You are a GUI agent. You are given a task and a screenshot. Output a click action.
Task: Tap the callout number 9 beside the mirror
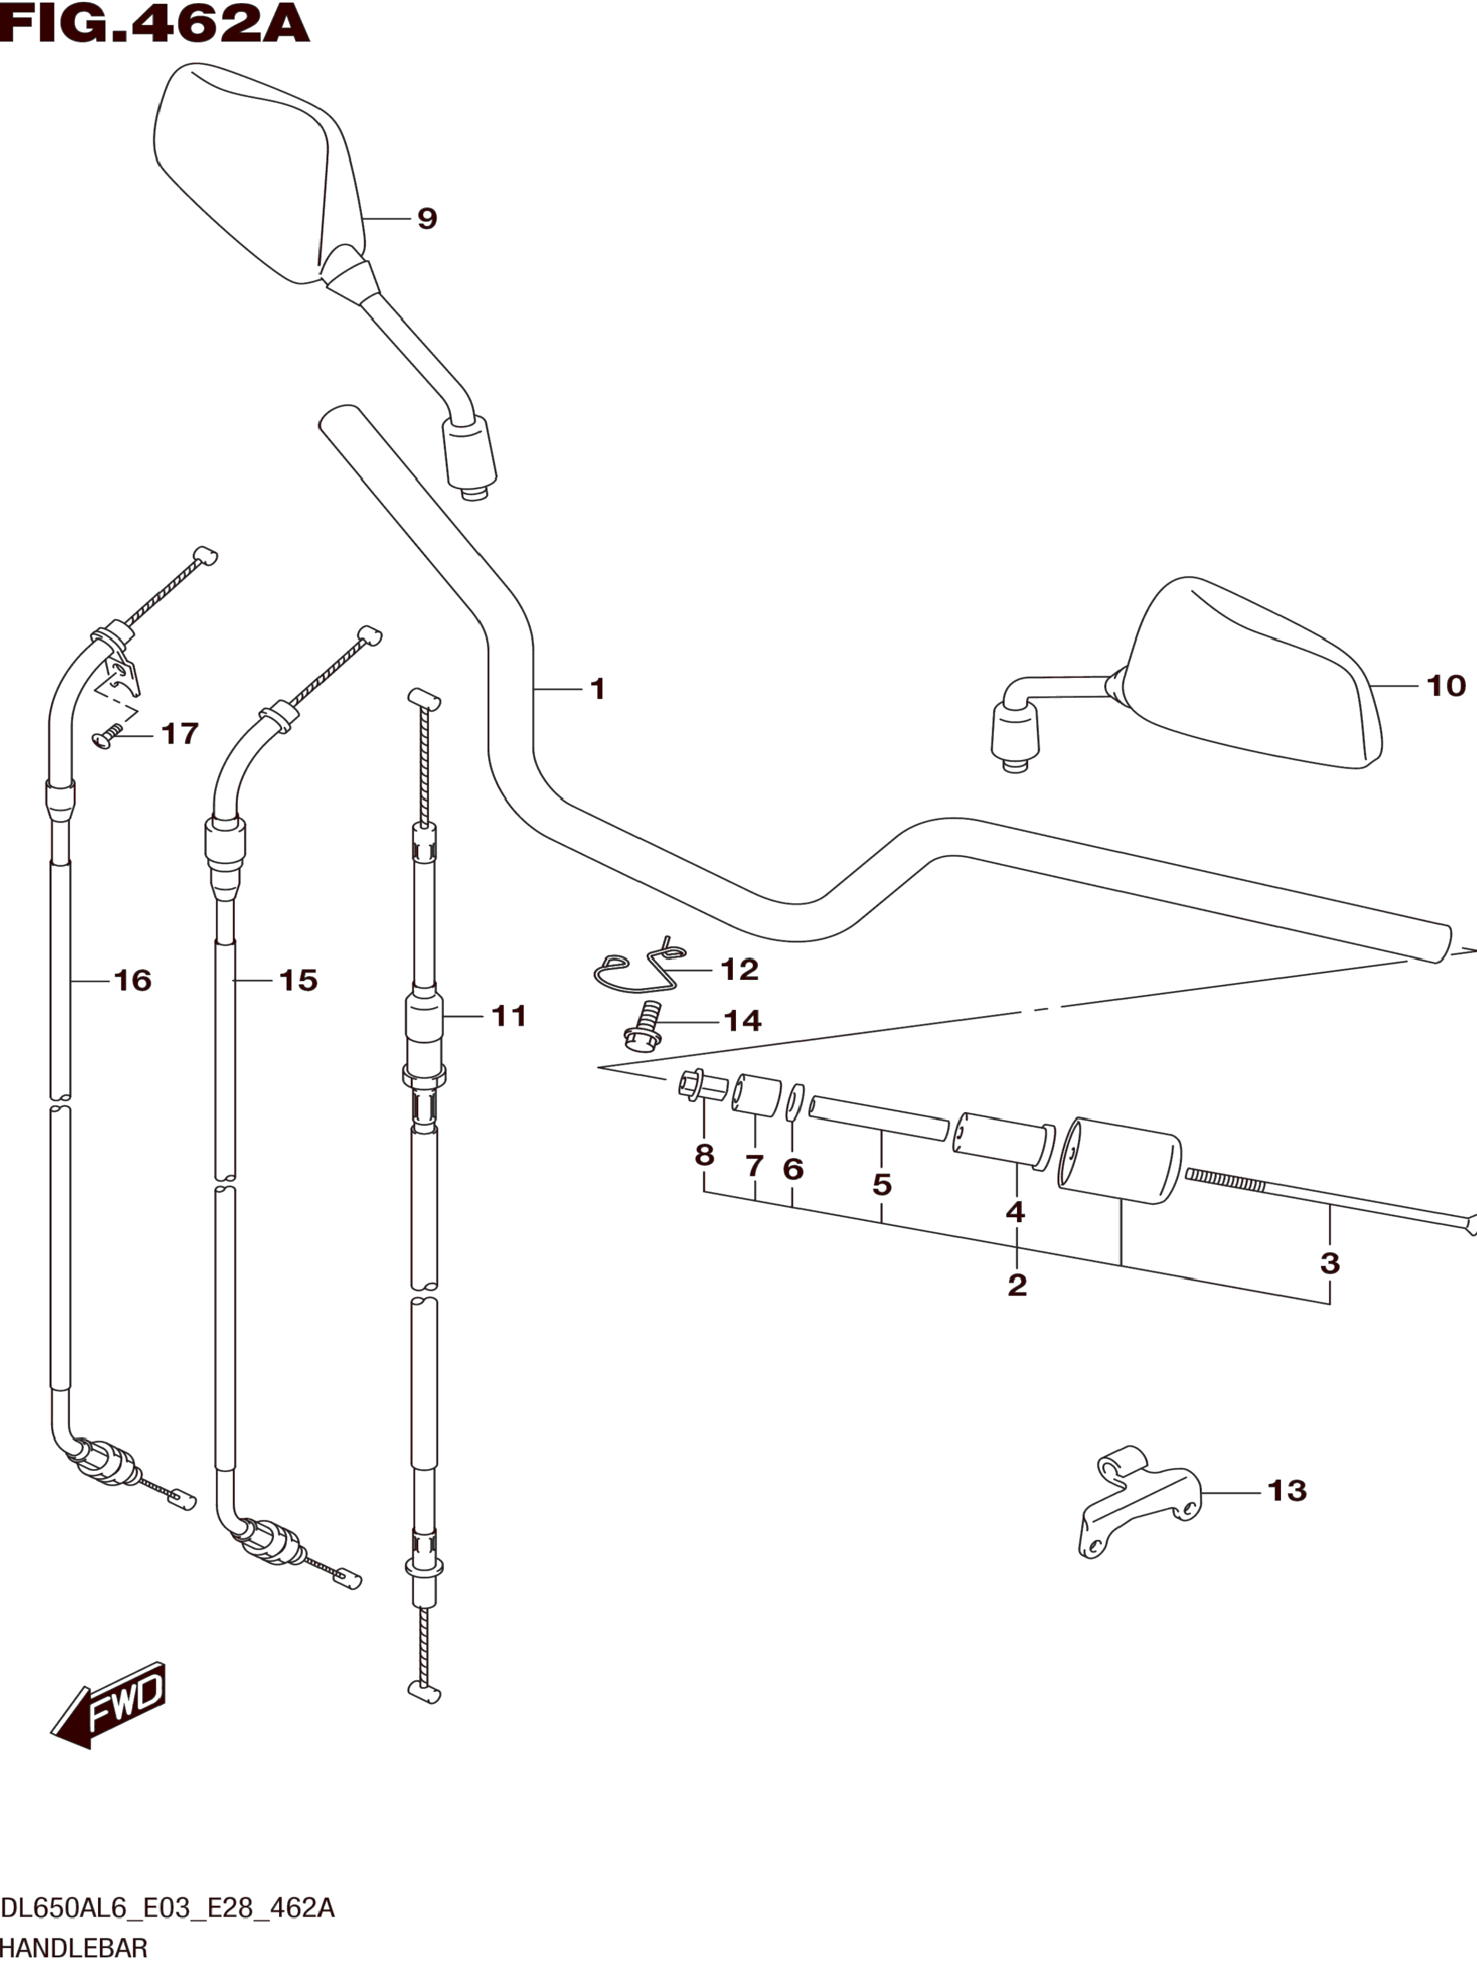(x=427, y=218)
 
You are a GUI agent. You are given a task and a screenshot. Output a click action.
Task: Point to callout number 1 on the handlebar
(x=597, y=689)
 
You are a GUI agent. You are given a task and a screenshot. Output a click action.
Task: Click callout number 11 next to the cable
(x=508, y=1016)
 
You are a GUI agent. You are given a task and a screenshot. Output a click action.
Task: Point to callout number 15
(x=298, y=981)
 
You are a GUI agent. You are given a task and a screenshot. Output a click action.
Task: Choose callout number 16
(x=132, y=981)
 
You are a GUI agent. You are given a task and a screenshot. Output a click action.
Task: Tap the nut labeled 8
(x=695, y=1086)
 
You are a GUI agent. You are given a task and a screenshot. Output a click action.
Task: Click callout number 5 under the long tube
(x=881, y=1184)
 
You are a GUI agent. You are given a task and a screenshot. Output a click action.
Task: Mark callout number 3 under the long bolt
(x=1329, y=1263)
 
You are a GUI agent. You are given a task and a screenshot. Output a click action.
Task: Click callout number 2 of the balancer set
(x=1017, y=1284)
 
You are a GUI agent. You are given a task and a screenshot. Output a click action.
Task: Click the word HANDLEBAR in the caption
(x=74, y=1948)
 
